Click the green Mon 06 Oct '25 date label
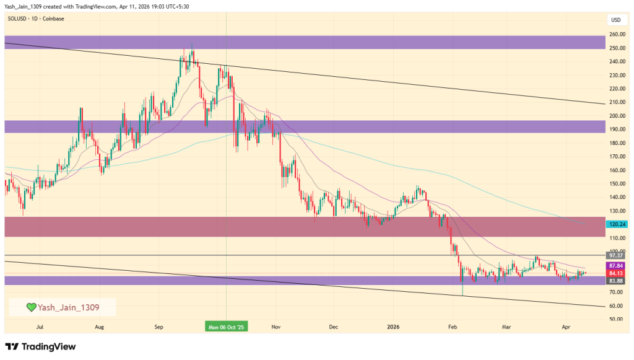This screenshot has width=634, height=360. (x=226, y=327)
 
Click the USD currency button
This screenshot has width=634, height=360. (x=615, y=19)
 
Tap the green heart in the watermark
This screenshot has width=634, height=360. (x=30, y=307)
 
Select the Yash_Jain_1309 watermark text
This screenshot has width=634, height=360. (x=68, y=307)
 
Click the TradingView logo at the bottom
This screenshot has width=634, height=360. (x=40, y=346)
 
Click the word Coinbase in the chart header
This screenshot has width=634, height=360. (x=54, y=19)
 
